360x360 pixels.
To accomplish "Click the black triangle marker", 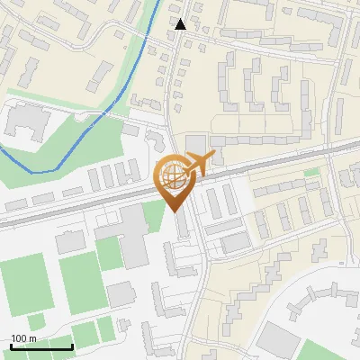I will (x=182, y=24).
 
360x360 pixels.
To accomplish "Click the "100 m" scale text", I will (x=23, y=338).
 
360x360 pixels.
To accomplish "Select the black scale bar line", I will (x=41, y=347).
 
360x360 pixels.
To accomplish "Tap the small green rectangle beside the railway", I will (x=312, y=172).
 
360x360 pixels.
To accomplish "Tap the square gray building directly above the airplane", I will (x=195, y=145).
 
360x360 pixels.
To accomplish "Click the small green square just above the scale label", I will (x=36, y=321).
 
